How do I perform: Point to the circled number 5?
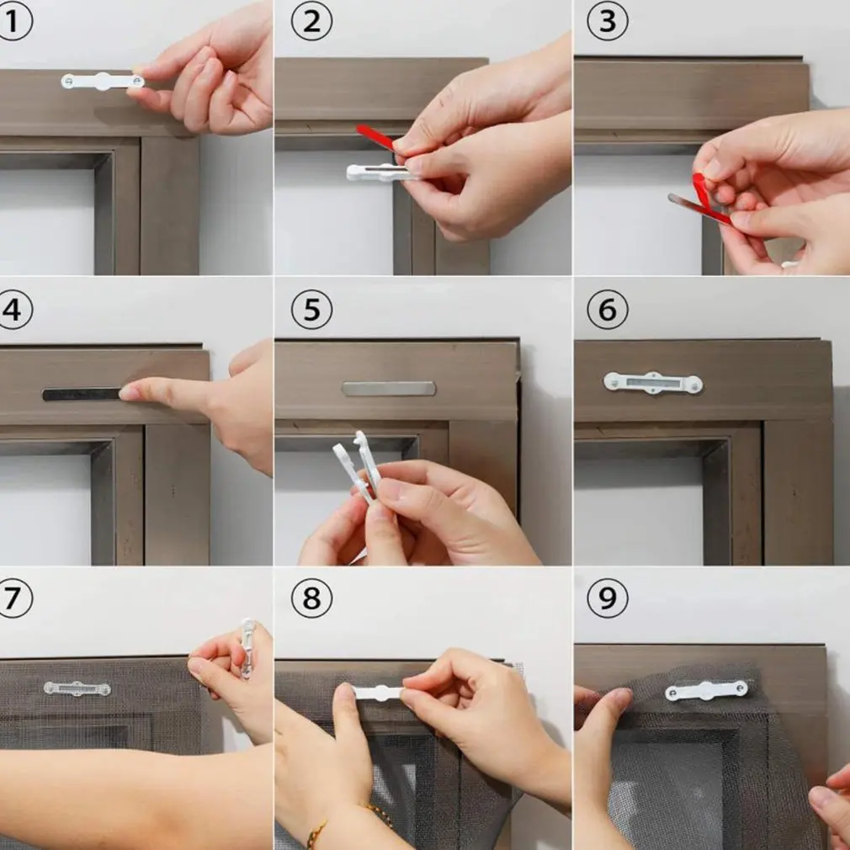pyautogui.click(x=311, y=310)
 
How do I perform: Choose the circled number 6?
pyautogui.click(x=608, y=310)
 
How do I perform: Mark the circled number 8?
pyautogui.click(x=311, y=598)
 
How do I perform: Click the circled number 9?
pyautogui.click(x=608, y=598)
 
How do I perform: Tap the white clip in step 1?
pyautogui.click(x=103, y=82)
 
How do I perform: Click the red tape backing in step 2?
pyautogui.click(x=376, y=138)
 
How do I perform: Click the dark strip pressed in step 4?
pyautogui.click(x=82, y=394)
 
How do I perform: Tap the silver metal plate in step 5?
pyautogui.click(x=389, y=388)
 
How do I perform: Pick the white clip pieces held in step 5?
pyautogui.click(x=359, y=466)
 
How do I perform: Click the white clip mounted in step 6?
pyautogui.click(x=653, y=383)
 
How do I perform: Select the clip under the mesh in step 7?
pyautogui.click(x=77, y=689)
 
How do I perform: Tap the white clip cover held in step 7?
pyautogui.click(x=247, y=648)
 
